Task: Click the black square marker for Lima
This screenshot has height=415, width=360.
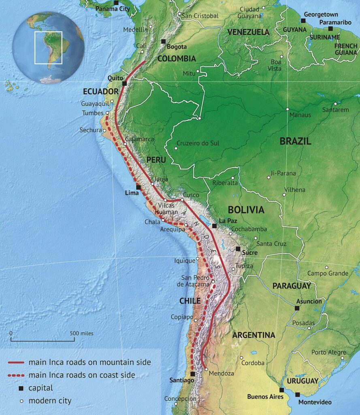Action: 138,188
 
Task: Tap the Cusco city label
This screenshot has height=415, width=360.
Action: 191,195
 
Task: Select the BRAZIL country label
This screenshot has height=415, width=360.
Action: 295,141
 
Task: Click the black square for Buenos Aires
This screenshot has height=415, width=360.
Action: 281,390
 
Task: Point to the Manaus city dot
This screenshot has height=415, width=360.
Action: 287,109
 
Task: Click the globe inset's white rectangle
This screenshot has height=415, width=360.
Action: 48,47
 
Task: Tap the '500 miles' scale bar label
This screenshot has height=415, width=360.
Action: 81,334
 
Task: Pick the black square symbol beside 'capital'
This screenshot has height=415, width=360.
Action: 21,388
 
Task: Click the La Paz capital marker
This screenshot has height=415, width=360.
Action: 214,226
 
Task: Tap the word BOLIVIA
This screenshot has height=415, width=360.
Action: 246,210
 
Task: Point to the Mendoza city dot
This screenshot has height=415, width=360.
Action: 206,369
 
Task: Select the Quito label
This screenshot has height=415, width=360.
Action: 115,77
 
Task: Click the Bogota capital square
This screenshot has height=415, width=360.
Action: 163,41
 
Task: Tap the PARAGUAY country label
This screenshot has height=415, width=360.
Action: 292,286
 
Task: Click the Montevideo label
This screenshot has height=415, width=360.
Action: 315,402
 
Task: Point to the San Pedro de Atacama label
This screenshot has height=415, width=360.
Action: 196,281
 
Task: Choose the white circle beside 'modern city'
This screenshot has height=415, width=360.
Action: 21,401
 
